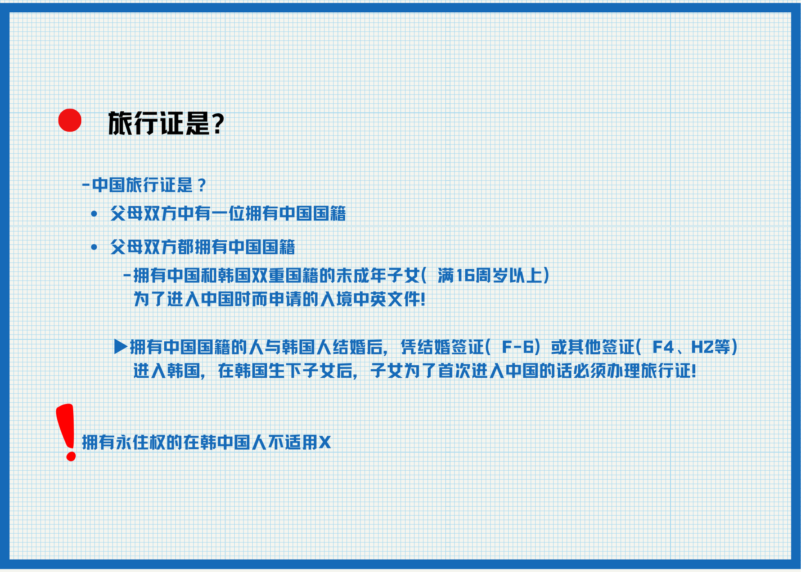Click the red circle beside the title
(x=70, y=120)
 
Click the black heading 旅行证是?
(x=166, y=123)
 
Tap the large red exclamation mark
(x=67, y=432)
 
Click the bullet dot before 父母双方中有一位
(x=94, y=214)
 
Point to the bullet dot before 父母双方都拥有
(x=94, y=248)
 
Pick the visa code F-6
(x=518, y=347)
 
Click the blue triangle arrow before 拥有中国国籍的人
(x=121, y=346)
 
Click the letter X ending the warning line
(x=325, y=443)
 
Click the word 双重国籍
(x=284, y=276)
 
